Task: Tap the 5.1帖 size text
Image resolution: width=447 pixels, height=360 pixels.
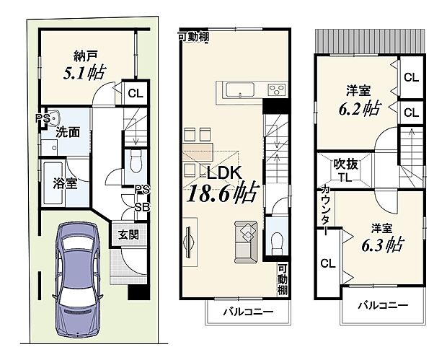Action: tap(86, 72)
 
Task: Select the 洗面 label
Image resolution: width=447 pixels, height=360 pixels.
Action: tap(68, 133)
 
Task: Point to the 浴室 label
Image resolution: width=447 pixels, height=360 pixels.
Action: tap(65, 183)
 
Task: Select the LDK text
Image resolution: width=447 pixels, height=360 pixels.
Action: tap(224, 173)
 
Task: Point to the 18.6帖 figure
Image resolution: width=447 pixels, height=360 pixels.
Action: tap(224, 194)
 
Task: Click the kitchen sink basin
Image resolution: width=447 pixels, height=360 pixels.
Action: tap(240, 89)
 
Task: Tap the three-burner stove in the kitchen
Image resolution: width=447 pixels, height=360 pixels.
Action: tap(276, 89)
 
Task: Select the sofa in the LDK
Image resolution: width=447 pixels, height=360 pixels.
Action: tap(247, 241)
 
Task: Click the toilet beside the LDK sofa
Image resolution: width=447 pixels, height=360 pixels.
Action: tap(275, 242)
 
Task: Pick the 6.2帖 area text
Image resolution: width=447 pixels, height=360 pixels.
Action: tap(358, 108)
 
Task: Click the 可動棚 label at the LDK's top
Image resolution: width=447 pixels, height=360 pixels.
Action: tap(194, 35)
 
